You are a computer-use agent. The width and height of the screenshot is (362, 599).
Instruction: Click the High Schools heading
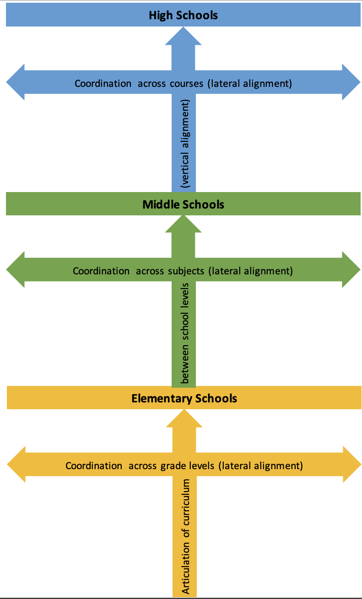pos(183,15)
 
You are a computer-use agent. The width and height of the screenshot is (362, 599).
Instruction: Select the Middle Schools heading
pos(183,204)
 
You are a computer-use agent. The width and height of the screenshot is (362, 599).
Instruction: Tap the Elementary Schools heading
pos(184,398)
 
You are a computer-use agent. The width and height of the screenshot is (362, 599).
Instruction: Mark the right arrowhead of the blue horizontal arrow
pos(351,82)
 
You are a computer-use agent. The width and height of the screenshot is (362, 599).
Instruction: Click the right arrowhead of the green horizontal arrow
pos(351,269)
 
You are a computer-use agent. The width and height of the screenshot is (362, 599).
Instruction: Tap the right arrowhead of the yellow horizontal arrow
pos(351,464)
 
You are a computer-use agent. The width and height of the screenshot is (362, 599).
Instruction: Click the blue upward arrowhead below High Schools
pos(183,37)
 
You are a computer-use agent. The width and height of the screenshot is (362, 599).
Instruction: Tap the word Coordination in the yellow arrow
pos(94,466)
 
